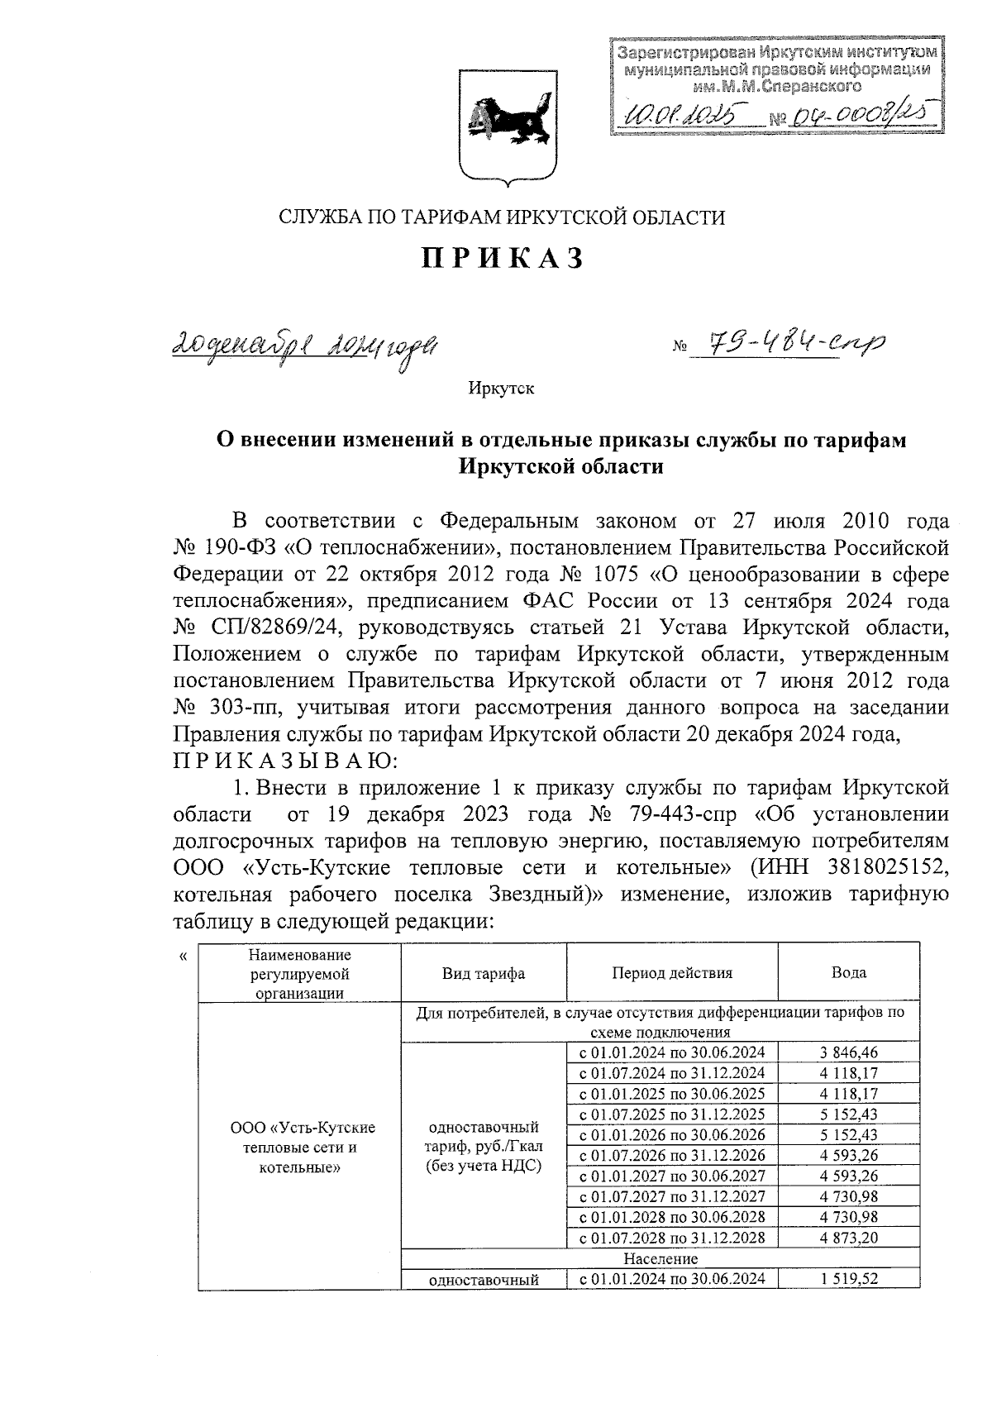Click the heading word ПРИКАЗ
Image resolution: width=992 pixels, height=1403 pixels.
tap(503, 258)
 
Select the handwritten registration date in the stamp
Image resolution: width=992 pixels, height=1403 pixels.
tap(682, 112)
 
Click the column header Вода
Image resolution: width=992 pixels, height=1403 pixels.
tap(848, 973)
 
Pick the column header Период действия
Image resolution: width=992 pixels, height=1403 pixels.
tap(671, 973)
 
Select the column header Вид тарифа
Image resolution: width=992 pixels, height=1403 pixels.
tap(484, 973)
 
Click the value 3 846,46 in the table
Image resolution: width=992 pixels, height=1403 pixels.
tap(849, 1052)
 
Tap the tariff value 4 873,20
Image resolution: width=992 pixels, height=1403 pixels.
tap(849, 1238)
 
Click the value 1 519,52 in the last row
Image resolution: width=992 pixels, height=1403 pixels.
tap(849, 1279)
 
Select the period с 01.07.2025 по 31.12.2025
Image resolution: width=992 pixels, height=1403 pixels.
tap(671, 1114)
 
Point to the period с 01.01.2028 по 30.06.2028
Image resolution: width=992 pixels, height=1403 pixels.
tap(671, 1217)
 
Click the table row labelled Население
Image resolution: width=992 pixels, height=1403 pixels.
tap(660, 1258)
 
